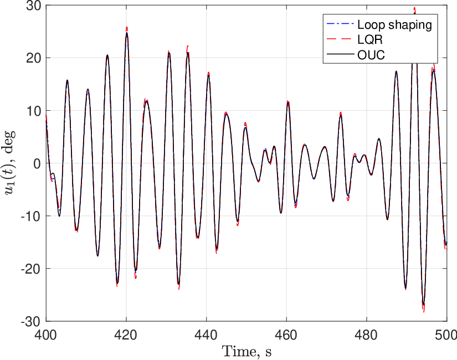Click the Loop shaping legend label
pyautogui.click(x=394, y=24)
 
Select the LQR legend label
pyautogui.click(x=370, y=39)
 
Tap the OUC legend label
pyautogui.click(x=371, y=54)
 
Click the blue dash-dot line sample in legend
pyautogui.click(x=340, y=24)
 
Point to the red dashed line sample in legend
pyautogui.click(x=340, y=39)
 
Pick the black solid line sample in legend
pyautogui.click(x=340, y=54)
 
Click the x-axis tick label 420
pyautogui.click(x=126, y=335)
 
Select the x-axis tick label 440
pyautogui.click(x=207, y=335)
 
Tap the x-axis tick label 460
pyautogui.click(x=286, y=335)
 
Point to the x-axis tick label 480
pyautogui.click(x=367, y=335)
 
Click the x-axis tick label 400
pyautogui.click(x=46, y=335)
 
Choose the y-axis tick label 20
pyautogui.click(x=34, y=58)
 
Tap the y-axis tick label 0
pyautogui.click(x=37, y=163)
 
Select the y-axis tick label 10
pyautogui.click(x=34, y=110)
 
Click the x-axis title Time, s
pyautogui.click(x=247, y=351)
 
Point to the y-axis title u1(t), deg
pyautogui.click(x=9, y=163)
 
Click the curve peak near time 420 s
pyautogui.click(x=127, y=32)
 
